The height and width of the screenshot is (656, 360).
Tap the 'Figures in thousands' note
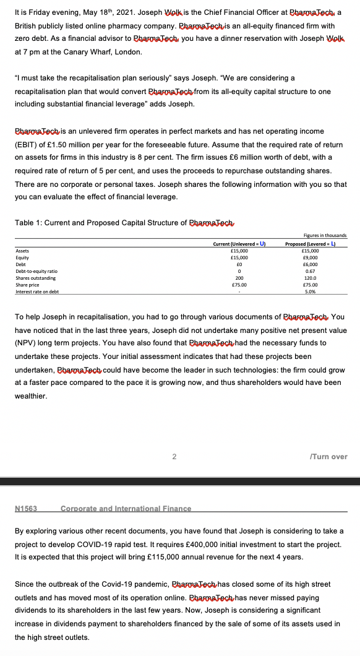pyautogui.click(x=328, y=236)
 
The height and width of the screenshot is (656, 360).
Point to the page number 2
pyautogui.click(x=174, y=457)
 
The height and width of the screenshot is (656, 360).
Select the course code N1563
pyautogui.click(x=26, y=508)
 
